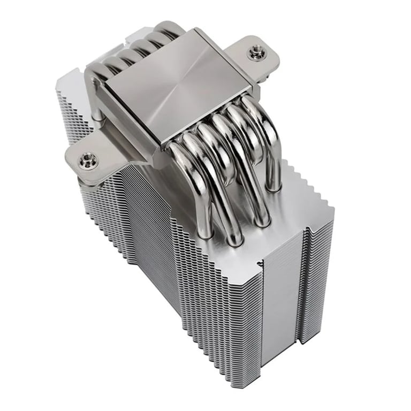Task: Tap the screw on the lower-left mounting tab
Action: point(87,158)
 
